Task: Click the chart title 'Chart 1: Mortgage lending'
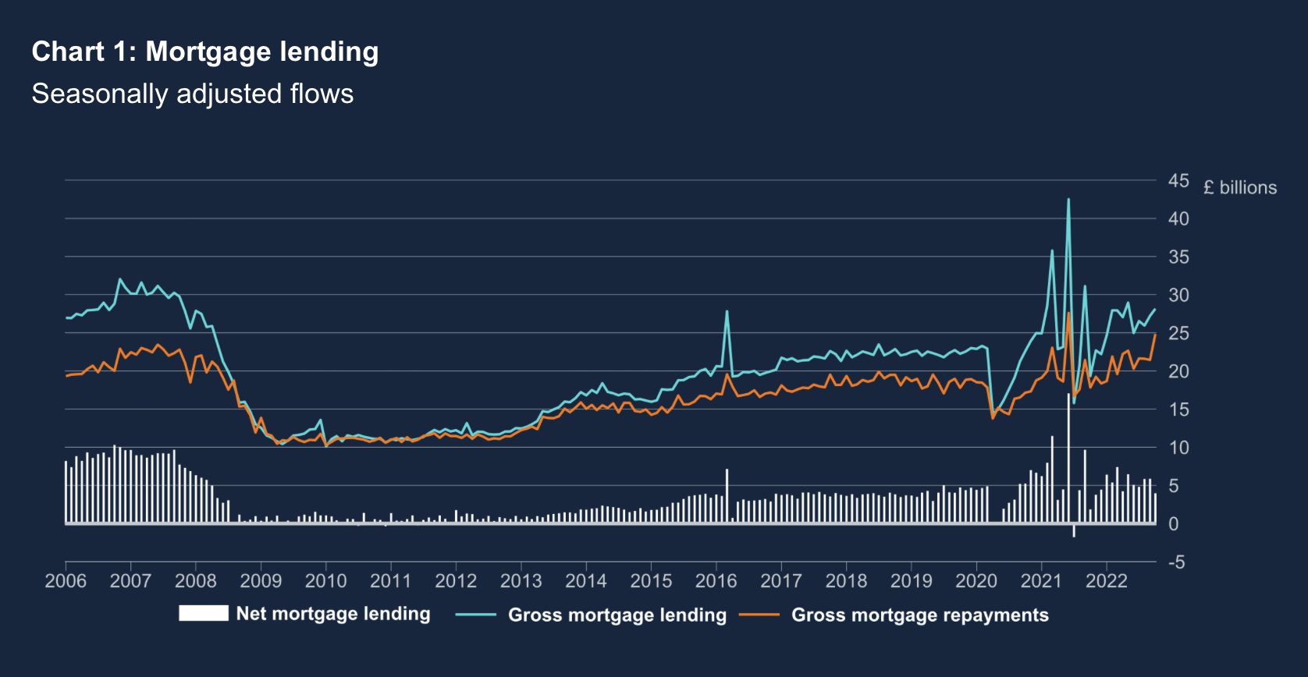[205, 51]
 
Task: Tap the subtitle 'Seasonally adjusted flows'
[193, 94]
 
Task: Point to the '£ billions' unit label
[1240, 187]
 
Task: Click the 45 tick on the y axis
[1178, 181]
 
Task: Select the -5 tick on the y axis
[1176, 562]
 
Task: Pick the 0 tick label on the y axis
[1173, 524]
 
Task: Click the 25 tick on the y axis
[1178, 333]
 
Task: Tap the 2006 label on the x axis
[66, 581]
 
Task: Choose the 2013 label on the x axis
[521, 581]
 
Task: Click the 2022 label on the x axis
[1106, 581]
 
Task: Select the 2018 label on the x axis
[846, 581]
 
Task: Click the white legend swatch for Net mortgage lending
[203, 613]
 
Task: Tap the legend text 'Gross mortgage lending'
[617, 615]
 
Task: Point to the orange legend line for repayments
[759, 615]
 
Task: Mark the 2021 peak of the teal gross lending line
[1068, 200]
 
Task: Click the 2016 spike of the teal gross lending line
[727, 312]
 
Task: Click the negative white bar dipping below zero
[1074, 531]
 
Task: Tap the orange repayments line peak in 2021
[1068, 313]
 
